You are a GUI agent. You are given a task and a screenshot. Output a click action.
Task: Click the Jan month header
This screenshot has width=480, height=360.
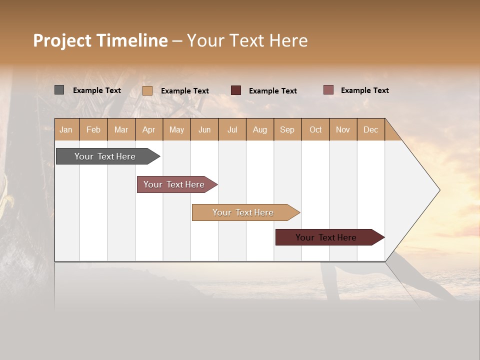(x=66, y=129)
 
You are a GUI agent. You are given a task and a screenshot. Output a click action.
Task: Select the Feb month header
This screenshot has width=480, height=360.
(x=93, y=129)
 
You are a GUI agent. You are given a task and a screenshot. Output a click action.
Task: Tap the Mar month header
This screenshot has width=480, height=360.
(x=121, y=129)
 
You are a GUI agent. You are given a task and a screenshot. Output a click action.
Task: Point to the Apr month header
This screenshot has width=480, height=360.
(x=149, y=129)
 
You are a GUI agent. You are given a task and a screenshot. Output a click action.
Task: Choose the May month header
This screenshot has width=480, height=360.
(x=176, y=129)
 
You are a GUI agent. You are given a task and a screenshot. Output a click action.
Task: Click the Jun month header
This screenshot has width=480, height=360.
(x=204, y=129)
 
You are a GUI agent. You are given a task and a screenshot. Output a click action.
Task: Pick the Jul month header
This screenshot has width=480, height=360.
(x=232, y=129)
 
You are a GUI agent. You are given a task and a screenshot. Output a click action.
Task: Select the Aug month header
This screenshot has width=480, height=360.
(x=260, y=129)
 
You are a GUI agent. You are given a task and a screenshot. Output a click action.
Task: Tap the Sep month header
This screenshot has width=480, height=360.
(x=287, y=129)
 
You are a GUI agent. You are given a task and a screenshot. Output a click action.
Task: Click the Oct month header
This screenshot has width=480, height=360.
(x=315, y=129)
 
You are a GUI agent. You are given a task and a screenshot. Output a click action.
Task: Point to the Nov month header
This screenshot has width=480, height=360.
(x=343, y=129)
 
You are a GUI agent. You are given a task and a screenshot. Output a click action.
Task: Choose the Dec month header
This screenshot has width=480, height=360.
(x=371, y=129)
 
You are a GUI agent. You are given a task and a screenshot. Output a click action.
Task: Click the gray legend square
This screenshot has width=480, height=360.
(x=59, y=90)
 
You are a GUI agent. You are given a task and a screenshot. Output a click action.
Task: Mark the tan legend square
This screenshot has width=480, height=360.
(x=147, y=90)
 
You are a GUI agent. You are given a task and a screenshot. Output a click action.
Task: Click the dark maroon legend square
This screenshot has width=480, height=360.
(x=236, y=90)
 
